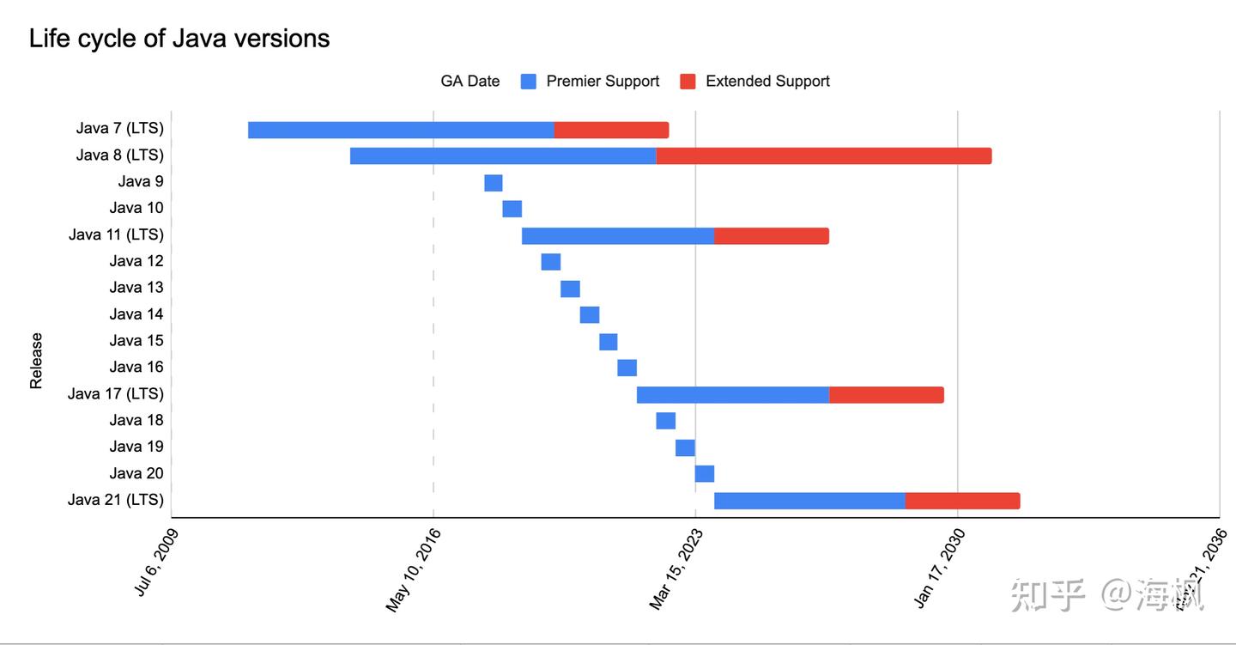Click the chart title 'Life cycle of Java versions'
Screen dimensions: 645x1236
(x=179, y=39)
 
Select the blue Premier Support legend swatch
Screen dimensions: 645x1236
(x=529, y=82)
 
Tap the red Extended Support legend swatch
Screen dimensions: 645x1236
(x=688, y=82)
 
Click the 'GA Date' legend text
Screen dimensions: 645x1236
(x=470, y=82)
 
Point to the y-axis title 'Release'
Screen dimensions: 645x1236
(x=36, y=361)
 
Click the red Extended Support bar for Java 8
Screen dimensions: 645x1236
(x=824, y=156)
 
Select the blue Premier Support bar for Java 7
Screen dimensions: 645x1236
(x=401, y=130)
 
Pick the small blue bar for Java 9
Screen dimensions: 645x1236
(x=494, y=183)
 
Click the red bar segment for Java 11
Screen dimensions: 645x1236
(x=772, y=236)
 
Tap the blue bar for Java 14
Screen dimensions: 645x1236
(x=590, y=314)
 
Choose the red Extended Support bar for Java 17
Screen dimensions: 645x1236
(x=887, y=395)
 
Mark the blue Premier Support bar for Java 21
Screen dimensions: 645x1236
(x=809, y=501)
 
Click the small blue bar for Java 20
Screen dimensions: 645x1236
(x=705, y=474)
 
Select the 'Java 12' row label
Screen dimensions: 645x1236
(x=136, y=261)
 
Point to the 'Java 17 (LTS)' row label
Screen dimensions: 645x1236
(x=116, y=394)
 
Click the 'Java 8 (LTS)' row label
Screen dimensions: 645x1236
(x=120, y=155)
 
